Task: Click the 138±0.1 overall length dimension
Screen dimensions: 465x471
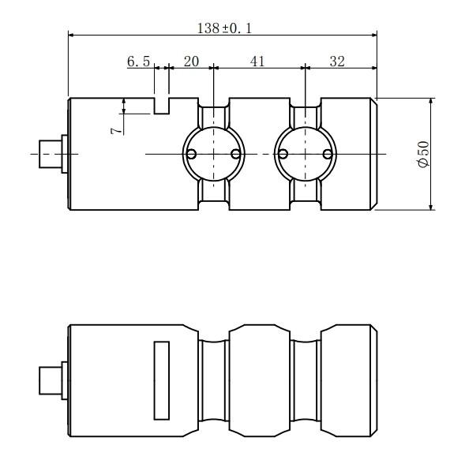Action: pos(224,28)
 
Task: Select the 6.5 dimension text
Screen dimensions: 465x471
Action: pos(138,62)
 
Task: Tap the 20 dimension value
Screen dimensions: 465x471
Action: pos(191,62)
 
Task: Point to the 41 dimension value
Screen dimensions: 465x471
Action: pos(257,62)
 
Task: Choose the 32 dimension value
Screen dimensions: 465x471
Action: pos(337,62)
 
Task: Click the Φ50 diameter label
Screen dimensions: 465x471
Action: pos(423,154)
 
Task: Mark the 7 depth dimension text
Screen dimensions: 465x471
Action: pos(117,131)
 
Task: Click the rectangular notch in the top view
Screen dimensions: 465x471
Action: pos(162,106)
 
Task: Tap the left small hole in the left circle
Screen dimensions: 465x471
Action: pos(191,154)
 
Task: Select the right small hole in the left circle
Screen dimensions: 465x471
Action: pos(236,154)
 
